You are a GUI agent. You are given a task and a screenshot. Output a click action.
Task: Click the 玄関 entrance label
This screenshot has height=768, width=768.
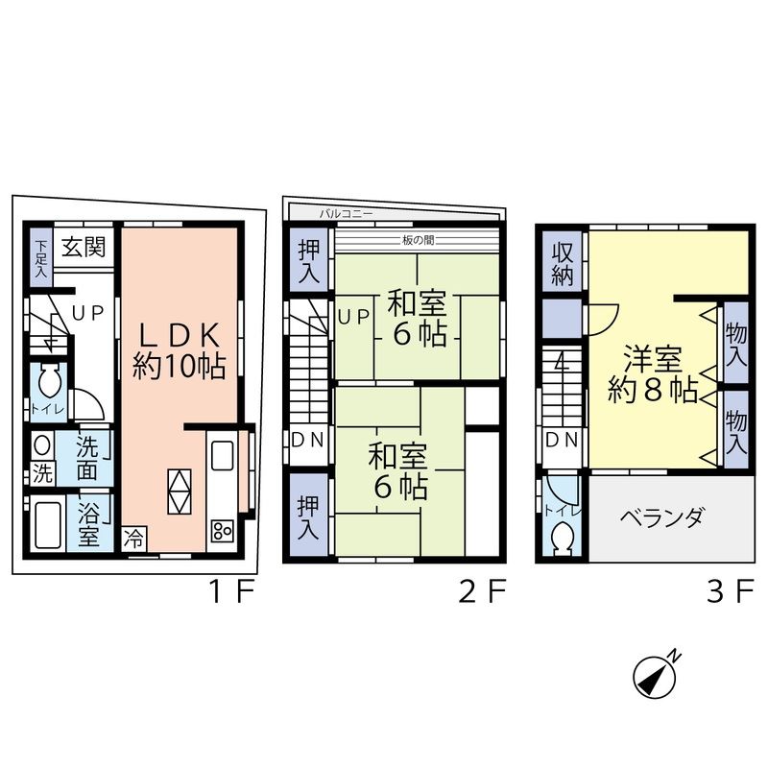[84, 247]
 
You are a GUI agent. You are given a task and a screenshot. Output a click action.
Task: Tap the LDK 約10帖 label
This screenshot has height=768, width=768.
[179, 350]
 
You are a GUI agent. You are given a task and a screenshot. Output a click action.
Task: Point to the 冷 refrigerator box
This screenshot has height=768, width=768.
[135, 540]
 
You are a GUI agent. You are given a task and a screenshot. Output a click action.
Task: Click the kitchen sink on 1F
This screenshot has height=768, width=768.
[223, 456]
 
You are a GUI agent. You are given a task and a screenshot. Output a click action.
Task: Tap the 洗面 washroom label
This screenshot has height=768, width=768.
[86, 459]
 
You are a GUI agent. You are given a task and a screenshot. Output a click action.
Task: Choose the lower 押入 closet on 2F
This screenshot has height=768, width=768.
[308, 516]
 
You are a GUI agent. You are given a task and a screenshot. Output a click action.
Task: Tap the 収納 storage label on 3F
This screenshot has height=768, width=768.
[562, 262]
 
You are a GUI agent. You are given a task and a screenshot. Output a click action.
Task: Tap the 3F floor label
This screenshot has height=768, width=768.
[728, 592]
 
